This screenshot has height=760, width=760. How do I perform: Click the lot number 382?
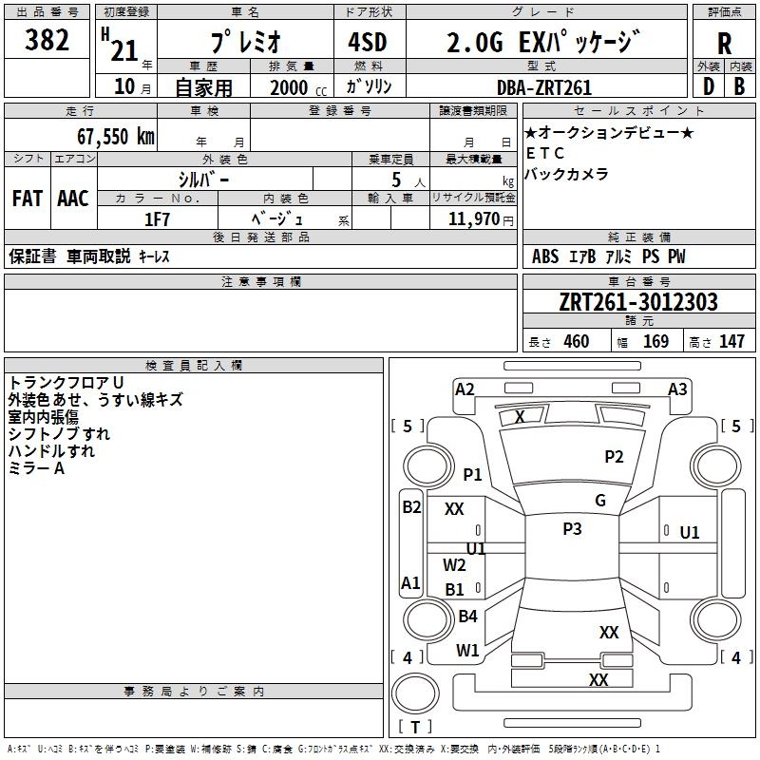coord(47,41)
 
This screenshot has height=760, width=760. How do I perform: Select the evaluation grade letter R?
coord(724,45)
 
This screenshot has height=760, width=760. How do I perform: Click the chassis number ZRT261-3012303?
coord(638,302)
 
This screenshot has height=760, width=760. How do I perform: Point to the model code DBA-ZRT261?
coord(544,87)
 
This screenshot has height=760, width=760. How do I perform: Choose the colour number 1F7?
coord(157,218)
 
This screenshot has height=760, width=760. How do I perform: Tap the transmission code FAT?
coord(27,199)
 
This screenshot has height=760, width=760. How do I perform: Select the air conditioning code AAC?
coord(73,199)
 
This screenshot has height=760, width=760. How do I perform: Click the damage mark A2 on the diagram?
coord(465,389)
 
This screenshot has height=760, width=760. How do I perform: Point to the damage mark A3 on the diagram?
coord(677,389)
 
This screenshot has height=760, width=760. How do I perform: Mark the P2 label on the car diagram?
coord(614,457)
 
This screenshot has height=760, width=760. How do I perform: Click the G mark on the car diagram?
coord(600,501)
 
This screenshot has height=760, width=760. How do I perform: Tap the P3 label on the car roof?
coord(572,529)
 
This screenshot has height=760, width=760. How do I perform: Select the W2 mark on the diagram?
coord(455,565)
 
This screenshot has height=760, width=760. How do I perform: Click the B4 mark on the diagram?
coord(467,617)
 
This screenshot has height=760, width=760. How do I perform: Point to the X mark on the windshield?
coord(520,416)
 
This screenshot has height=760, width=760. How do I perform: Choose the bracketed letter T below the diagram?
coord(415,728)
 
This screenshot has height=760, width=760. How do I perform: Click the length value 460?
coord(576,341)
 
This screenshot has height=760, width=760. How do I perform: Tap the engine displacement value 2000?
coord(289,87)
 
